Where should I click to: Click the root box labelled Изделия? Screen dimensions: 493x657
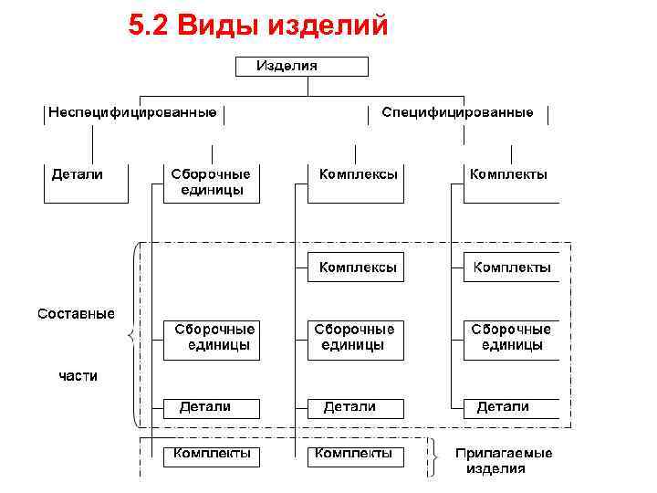click(302, 66)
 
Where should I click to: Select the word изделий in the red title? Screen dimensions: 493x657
click(328, 27)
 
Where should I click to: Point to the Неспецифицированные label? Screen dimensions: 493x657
click(133, 113)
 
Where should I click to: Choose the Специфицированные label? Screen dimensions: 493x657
click(457, 113)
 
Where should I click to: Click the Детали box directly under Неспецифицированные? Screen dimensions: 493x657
click(86, 182)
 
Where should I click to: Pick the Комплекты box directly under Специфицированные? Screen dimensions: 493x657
click(506, 182)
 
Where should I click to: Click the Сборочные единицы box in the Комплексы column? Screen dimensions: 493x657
click(355, 339)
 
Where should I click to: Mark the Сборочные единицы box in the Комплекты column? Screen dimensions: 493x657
click(510, 339)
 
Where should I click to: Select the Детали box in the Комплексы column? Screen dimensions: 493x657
click(355, 407)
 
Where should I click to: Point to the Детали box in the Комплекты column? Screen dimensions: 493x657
click(510, 407)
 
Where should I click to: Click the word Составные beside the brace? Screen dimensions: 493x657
click(76, 314)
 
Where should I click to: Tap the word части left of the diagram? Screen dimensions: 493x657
click(78, 375)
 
